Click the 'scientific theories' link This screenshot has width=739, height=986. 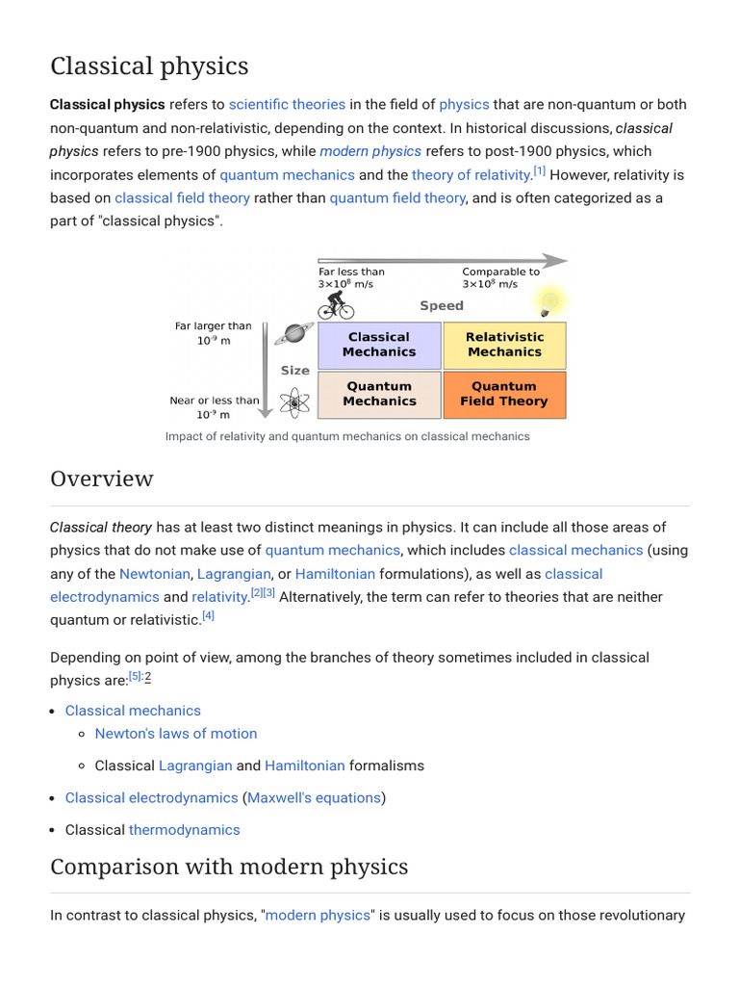(287, 104)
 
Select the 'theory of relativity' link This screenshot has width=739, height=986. (471, 174)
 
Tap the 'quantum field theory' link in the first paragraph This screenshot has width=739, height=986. (397, 197)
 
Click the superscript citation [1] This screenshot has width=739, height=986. (540, 171)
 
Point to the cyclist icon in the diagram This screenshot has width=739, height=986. (336, 304)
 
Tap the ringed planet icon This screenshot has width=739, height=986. (293, 334)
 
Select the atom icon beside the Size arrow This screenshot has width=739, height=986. (293, 402)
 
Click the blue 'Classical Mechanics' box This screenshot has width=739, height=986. (379, 345)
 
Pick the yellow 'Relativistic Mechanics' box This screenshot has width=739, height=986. (504, 345)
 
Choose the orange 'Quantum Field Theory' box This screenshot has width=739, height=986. (503, 394)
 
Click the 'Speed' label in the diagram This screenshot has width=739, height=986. (442, 305)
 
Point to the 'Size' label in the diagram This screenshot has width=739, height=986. (295, 370)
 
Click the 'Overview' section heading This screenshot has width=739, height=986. (102, 479)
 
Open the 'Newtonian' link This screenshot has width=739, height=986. (154, 574)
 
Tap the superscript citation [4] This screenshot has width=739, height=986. (209, 616)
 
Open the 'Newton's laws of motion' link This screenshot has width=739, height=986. (176, 734)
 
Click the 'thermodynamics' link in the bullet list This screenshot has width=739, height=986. (185, 829)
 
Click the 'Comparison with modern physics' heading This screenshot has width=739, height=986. (229, 867)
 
